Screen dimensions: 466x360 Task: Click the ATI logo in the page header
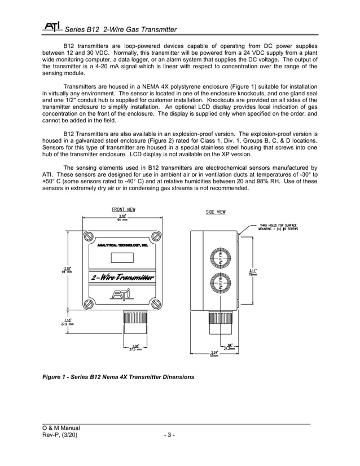(52, 27)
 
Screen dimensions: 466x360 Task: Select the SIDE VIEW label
(215, 212)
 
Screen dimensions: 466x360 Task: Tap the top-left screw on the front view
(89, 236)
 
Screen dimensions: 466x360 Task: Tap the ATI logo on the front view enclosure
(122, 293)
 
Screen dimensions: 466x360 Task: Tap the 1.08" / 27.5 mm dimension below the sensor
(135, 348)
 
